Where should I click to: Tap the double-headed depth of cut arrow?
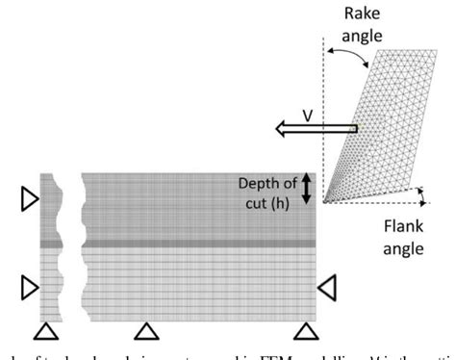307,188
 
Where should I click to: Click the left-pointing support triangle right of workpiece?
327,286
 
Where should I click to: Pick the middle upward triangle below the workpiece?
146,332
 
